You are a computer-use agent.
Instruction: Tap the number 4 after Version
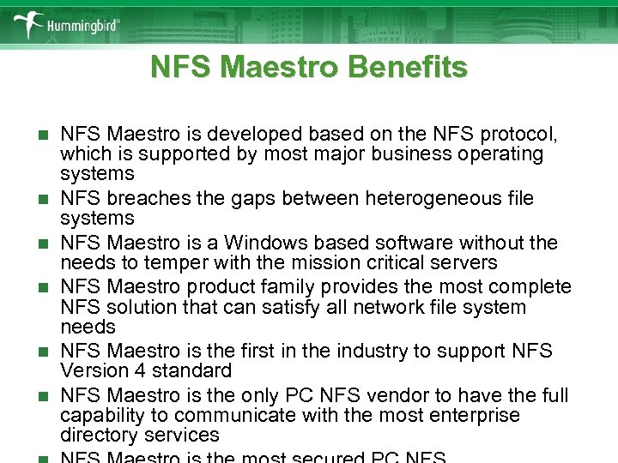tap(133, 371)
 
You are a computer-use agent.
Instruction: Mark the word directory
tap(95, 435)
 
